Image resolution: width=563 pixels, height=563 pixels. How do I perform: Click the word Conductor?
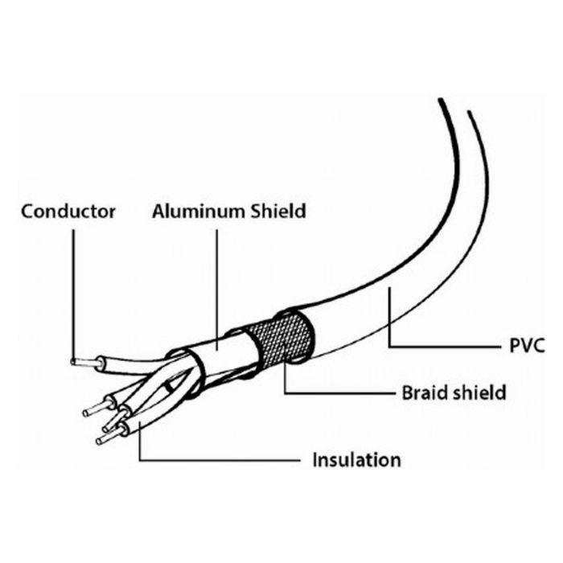68,211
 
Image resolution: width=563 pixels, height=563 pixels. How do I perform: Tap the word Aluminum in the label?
199,211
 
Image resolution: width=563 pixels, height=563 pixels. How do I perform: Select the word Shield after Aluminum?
278,211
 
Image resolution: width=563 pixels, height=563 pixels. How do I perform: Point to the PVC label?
527,346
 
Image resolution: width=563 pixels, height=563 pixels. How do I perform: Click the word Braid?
425,392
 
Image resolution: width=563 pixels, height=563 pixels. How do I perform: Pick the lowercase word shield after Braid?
479,392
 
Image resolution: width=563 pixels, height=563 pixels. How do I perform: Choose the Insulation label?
356,459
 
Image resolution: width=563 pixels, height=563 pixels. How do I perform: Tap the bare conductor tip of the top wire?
84,363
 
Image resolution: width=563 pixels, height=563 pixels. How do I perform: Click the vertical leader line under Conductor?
73,295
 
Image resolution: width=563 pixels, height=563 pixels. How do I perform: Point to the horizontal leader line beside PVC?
445,347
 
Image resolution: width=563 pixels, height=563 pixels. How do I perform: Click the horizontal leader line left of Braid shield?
339,393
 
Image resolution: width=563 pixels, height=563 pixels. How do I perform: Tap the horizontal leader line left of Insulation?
220,460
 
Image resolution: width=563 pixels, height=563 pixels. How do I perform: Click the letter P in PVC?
516,346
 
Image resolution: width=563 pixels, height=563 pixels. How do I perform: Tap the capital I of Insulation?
315,459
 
